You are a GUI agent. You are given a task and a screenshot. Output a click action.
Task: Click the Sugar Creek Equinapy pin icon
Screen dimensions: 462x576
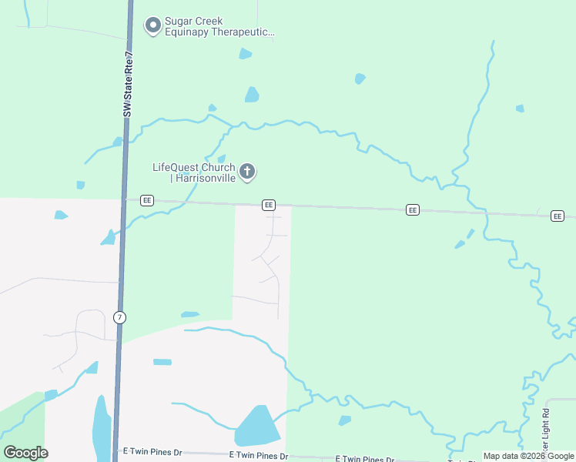pos(153,25)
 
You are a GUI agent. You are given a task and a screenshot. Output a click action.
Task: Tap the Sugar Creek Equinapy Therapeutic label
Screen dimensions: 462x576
pos(210,25)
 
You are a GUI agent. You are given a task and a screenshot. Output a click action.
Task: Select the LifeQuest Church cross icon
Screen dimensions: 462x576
pos(247,171)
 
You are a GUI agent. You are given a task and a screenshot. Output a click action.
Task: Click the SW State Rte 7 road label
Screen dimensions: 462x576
pos(129,85)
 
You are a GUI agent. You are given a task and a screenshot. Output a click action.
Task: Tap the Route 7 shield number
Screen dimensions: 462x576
pos(119,317)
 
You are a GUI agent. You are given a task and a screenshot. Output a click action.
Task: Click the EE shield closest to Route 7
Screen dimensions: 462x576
pos(147,200)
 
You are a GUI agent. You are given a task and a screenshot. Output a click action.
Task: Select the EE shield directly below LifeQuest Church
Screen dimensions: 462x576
pos(268,205)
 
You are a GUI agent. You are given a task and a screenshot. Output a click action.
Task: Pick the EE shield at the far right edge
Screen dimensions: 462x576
pos(558,216)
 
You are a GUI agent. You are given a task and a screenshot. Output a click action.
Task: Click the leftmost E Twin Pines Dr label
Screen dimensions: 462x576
pos(152,452)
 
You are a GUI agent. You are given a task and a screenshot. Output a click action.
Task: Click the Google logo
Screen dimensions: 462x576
pos(25,452)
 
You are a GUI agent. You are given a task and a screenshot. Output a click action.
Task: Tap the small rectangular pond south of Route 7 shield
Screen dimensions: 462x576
pos(162,362)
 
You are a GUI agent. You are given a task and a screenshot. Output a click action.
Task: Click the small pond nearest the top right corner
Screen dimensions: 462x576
pos(520,109)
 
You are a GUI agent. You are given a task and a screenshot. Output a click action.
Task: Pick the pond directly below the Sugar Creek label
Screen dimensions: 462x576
pos(245,54)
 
